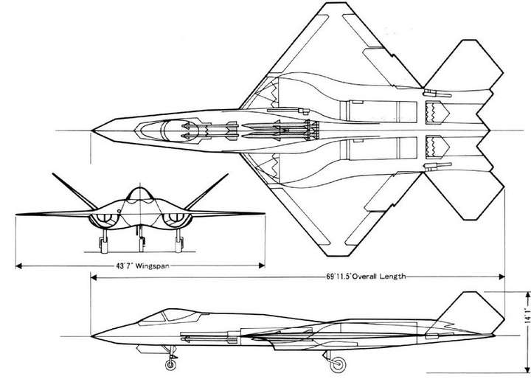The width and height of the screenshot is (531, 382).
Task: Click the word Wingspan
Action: tap(152, 265)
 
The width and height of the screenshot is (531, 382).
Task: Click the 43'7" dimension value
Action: tap(124, 265)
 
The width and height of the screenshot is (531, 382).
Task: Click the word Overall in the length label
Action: tap(364, 277)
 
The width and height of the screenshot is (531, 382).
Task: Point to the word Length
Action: tap(392, 277)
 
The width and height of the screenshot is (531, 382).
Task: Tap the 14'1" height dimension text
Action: tap(527, 316)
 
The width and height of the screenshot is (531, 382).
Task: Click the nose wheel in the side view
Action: tap(170, 364)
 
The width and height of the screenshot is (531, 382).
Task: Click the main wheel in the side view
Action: tap(338, 364)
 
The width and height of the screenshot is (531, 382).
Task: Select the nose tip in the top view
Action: tap(92, 131)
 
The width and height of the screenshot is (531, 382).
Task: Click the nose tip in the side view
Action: tap(92, 336)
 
